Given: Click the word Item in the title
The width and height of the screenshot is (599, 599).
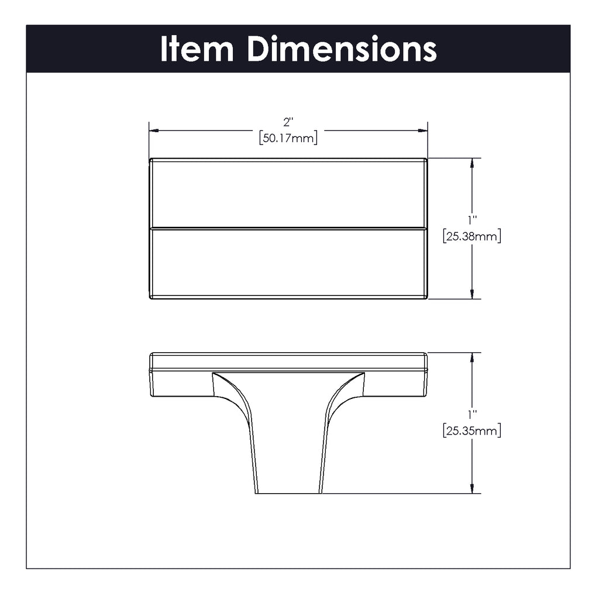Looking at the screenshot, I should tap(197, 49).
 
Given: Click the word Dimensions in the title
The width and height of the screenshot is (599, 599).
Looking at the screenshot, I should tap(342, 49).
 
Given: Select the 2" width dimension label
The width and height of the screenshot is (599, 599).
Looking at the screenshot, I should tap(288, 122).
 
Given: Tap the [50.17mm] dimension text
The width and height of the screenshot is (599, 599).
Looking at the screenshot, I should tap(288, 139).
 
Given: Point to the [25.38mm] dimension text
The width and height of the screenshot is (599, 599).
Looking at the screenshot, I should tap(471, 237).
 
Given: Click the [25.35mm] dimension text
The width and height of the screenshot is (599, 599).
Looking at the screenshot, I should tap(471, 432).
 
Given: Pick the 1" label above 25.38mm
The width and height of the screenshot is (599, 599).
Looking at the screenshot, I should tap(472, 221).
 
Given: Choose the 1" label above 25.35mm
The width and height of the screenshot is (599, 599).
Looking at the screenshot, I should tap(472, 415).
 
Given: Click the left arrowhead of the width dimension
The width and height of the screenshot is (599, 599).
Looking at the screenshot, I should tap(154, 131).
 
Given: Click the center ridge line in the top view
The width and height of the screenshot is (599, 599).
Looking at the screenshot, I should tap(288, 228).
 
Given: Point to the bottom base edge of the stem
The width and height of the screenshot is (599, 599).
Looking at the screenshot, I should tap(288, 493).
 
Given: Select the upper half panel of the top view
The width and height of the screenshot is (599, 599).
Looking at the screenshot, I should tap(288, 194).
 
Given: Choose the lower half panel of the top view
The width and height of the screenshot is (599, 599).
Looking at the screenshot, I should tap(288, 263).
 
